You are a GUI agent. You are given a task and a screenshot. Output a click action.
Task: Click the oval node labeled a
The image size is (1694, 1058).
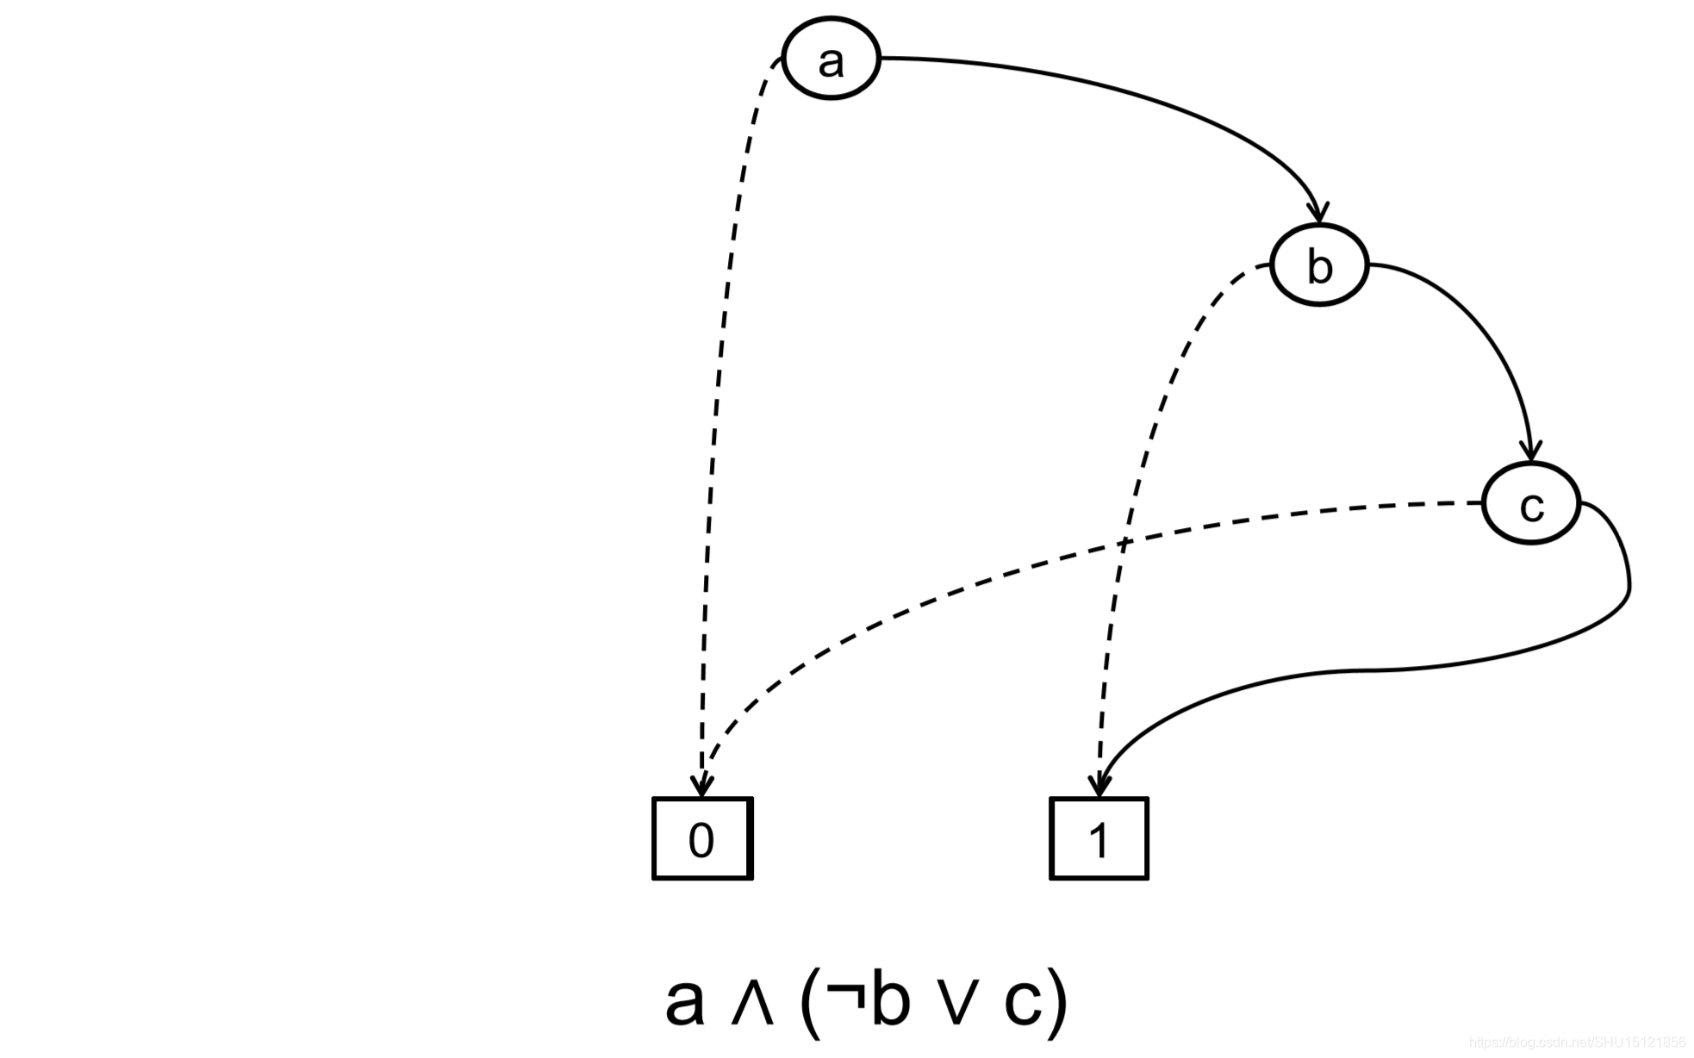[831, 59]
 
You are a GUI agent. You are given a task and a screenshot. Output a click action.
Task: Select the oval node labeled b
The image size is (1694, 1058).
[1319, 264]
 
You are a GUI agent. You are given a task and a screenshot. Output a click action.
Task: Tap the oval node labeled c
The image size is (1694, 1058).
[1531, 504]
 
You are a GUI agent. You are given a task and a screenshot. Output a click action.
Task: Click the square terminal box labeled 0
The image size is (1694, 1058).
[702, 838]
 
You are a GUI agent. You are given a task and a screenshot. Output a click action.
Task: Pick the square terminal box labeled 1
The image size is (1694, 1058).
[1099, 838]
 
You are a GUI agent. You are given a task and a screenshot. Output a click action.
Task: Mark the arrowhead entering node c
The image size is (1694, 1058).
[1530, 451]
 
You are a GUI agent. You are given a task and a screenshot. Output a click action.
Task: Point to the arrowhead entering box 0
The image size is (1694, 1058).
[702, 786]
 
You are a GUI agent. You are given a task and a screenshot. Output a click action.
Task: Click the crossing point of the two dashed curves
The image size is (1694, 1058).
[1123, 543]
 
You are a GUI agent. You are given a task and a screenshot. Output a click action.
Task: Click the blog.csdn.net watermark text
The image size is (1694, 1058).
[1577, 1042]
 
